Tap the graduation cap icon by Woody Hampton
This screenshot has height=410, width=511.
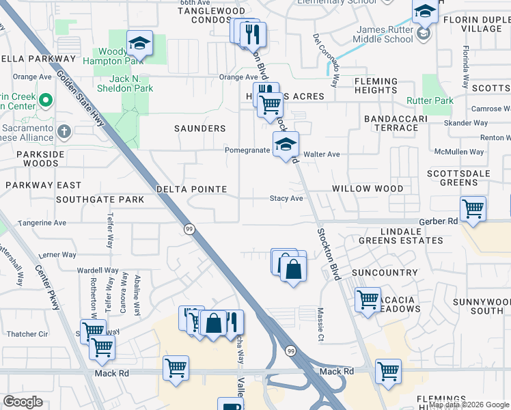coord(139,44)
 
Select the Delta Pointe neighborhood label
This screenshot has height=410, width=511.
coord(191,189)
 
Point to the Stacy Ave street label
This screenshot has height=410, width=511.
coord(286,199)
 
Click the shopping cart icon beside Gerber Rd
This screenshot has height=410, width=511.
coord(473,208)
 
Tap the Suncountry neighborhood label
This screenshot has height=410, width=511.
coord(385,273)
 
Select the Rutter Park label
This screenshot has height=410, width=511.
coord(439,101)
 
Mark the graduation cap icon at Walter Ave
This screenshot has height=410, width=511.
coord(286,145)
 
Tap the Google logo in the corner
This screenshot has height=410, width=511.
coord(23,402)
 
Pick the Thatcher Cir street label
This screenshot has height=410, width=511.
coord(27,334)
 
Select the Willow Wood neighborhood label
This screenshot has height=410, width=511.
coord(368,189)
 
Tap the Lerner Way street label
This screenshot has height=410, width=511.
coord(58,254)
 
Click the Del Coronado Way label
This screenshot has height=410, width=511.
coord(326,61)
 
